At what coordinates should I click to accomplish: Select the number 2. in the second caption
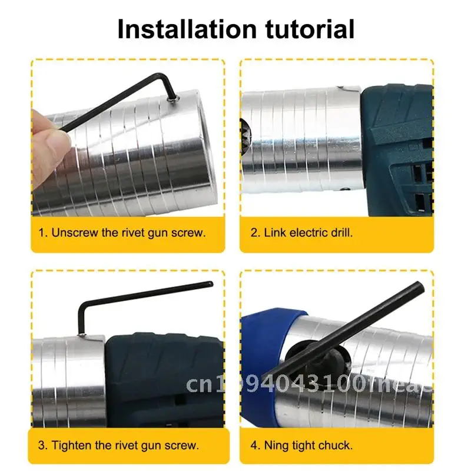(256, 233)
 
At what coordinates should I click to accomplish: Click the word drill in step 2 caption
(340, 233)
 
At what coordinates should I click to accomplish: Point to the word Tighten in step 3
(74, 445)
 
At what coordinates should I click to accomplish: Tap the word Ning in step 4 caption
(276, 445)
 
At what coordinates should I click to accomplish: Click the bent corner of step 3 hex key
(83, 306)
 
